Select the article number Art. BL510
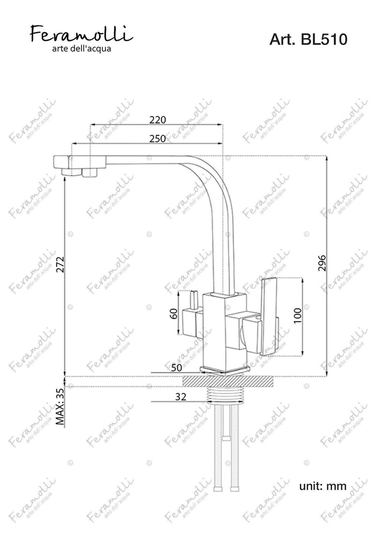click(308, 39)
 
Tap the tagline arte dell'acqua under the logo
click(82, 49)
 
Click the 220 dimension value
click(157, 120)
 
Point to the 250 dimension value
click(157, 139)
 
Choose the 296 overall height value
click(322, 263)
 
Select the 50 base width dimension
click(177, 368)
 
